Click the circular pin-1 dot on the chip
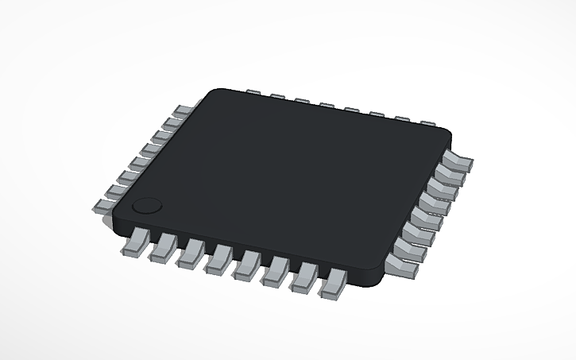point(146,205)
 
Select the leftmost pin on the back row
point(253,92)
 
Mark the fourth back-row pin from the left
point(326,105)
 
